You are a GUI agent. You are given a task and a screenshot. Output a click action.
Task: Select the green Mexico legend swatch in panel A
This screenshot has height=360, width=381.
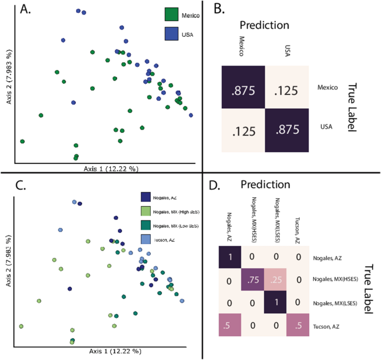(x=173, y=15)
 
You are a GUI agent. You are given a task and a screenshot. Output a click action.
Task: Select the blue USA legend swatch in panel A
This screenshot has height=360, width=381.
(x=173, y=33)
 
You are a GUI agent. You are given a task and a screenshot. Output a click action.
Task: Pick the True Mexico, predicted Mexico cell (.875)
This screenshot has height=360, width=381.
(x=243, y=88)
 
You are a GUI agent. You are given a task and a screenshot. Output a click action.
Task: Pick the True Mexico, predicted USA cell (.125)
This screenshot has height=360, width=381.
(x=286, y=88)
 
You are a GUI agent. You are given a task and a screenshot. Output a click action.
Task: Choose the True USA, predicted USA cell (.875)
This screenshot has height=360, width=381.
(x=286, y=131)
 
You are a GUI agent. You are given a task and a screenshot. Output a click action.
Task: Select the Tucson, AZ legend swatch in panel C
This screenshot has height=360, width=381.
(x=146, y=239)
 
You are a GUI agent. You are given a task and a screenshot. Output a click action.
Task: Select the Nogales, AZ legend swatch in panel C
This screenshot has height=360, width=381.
(x=146, y=196)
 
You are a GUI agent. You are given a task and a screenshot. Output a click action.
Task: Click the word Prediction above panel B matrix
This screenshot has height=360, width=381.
(x=264, y=25)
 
